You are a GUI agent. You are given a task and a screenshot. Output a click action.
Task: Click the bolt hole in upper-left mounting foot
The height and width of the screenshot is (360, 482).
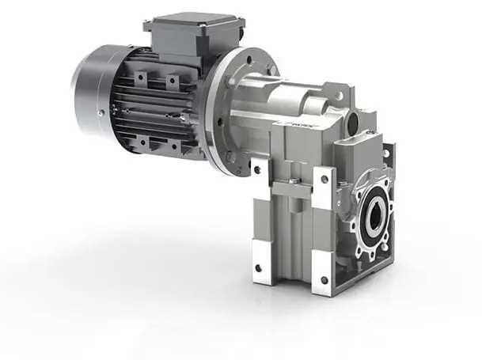pos(257,168)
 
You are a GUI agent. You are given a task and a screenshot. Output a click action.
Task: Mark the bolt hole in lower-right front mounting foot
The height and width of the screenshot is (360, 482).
pos(323,279)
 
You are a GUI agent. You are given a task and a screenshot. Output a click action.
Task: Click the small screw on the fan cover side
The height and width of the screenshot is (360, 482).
pos(100,112)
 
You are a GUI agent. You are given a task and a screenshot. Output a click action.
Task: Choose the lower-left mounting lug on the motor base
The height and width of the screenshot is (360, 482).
pos(143,142)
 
